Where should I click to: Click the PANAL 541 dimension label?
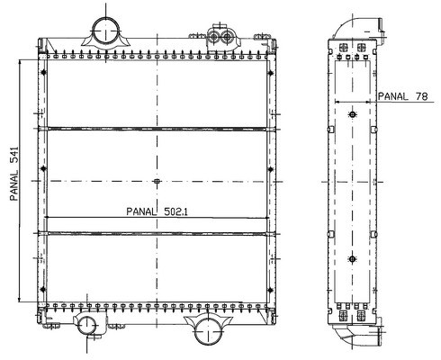14,174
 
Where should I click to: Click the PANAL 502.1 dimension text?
157,211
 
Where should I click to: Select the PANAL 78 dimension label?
402,96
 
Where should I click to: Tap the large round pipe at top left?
106,31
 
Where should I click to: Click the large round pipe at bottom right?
209,331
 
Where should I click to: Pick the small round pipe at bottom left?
87,326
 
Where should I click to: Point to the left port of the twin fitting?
214,38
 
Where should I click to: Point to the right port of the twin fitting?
227,38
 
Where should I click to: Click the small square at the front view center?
157,181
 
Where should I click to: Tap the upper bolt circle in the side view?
353,114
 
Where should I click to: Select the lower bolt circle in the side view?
353,259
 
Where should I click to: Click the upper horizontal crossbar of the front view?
157,129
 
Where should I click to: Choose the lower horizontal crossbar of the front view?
157,233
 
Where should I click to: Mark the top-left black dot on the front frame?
44,72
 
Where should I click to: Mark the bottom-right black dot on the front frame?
270,290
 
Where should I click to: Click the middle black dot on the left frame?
43,168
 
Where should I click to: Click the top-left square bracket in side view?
343,48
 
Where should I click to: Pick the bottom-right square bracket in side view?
361,316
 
